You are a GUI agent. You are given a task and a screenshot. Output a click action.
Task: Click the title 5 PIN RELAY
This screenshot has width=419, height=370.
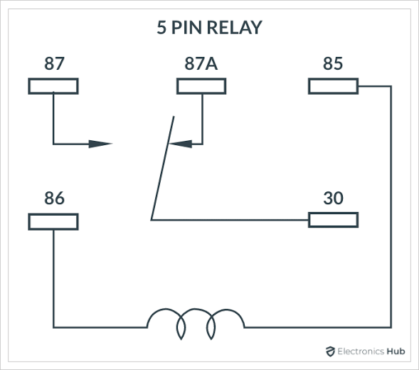pyautogui.click(x=209, y=27)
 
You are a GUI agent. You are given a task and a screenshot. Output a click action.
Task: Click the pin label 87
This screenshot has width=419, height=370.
pyautogui.click(x=54, y=63)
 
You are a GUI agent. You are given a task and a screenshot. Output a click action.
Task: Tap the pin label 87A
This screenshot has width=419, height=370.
pyautogui.click(x=201, y=63)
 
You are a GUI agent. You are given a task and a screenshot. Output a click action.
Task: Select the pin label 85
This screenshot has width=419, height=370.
pyautogui.click(x=333, y=63)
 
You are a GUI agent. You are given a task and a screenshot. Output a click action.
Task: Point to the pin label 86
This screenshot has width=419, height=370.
pyautogui.click(x=54, y=198)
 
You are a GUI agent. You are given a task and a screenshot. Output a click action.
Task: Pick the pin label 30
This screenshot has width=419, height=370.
pyautogui.click(x=333, y=198)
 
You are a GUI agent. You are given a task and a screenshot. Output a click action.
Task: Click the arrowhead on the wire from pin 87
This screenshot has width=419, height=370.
pyautogui.click(x=100, y=144)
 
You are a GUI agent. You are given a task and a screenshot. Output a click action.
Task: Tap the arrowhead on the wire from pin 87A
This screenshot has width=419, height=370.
pyautogui.click(x=181, y=144)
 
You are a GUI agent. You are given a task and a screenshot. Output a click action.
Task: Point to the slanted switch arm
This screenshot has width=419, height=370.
pyautogui.click(x=162, y=168)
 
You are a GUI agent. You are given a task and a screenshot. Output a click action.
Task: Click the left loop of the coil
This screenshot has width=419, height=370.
pyautogui.click(x=164, y=310)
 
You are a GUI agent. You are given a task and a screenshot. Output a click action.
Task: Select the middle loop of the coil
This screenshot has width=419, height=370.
pyautogui.click(x=195, y=310)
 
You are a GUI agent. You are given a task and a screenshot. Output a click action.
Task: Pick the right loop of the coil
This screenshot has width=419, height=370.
pyautogui.click(x=226, y=310)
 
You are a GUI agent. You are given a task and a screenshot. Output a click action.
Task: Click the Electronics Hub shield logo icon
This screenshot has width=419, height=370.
pyautogui.click(x=330, y=351)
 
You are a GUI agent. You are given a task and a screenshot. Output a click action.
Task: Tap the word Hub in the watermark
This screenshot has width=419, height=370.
pyautogui.click(x=396, y=351)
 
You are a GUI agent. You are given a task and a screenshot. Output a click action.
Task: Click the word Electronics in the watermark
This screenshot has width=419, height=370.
pyautogui.click(x=361, y=351)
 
